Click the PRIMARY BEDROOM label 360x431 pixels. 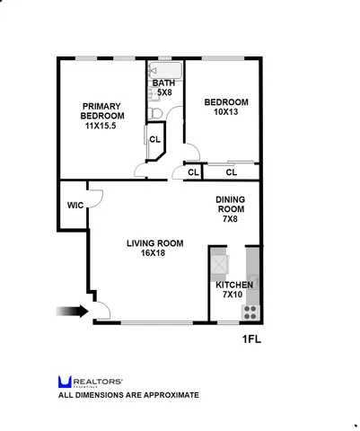(x=101, y=116)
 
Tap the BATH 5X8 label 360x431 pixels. (x=163, y=88)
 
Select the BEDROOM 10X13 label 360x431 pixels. (x=225, y=107)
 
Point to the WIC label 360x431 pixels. (x=75, y=205)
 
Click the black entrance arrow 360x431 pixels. (x=71, y=312)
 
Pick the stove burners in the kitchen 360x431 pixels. (x=250, y=312)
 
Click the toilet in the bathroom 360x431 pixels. (x=155, y=112)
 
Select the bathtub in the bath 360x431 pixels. (x=166, y=69)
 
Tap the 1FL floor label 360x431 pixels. (x=254, y=339)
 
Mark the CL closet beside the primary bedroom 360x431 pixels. (x=154, y=139)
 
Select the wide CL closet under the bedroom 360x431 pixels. (x=231, y=172)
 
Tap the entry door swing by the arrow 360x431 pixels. (x=102, y=311)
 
